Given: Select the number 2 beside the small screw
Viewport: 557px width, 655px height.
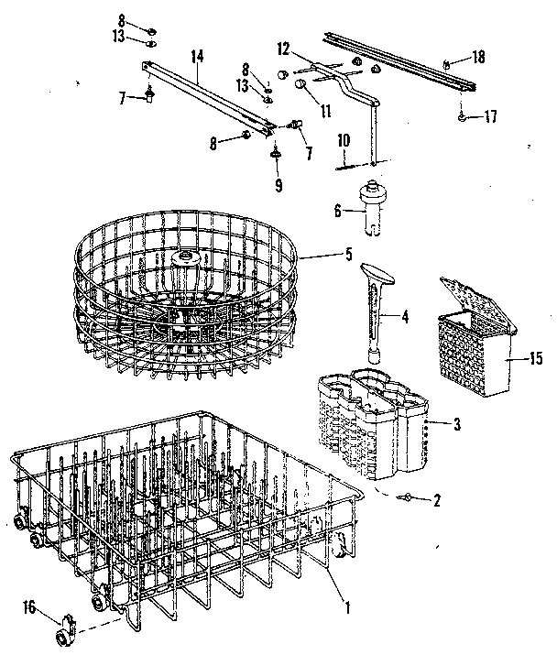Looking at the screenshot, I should pos(437,500).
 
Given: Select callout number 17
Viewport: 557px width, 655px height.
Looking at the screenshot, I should pos(491,116).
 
